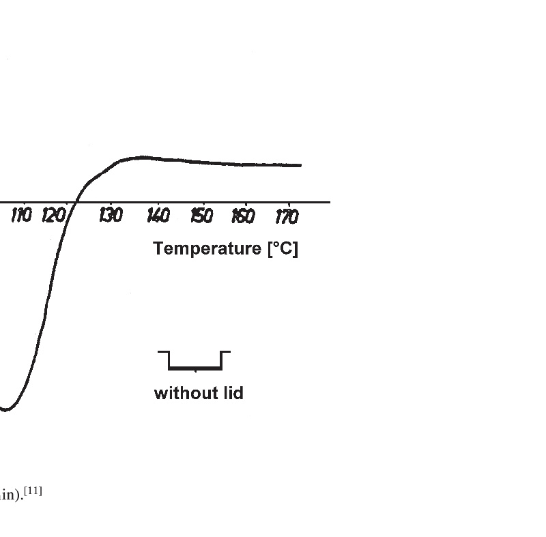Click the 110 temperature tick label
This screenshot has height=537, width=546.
click(22, 216)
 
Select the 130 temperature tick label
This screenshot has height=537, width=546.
click(111, 216)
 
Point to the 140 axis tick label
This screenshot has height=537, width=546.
click(158, 216)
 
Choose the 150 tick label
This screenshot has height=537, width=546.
click(201, 216)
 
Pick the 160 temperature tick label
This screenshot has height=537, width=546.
click(243, 216)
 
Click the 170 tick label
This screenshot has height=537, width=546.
click(287, 216)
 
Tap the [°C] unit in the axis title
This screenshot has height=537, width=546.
click(282, 248)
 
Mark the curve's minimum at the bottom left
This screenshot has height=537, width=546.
click(5, 410)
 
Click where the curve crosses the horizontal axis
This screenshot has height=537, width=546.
click(78, 202)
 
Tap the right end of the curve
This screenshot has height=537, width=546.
click(300, 165)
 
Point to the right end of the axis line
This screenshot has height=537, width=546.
click(330, 202)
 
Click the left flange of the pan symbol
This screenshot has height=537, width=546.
click(163, 352)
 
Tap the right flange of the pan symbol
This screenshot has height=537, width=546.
click(226, 352)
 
